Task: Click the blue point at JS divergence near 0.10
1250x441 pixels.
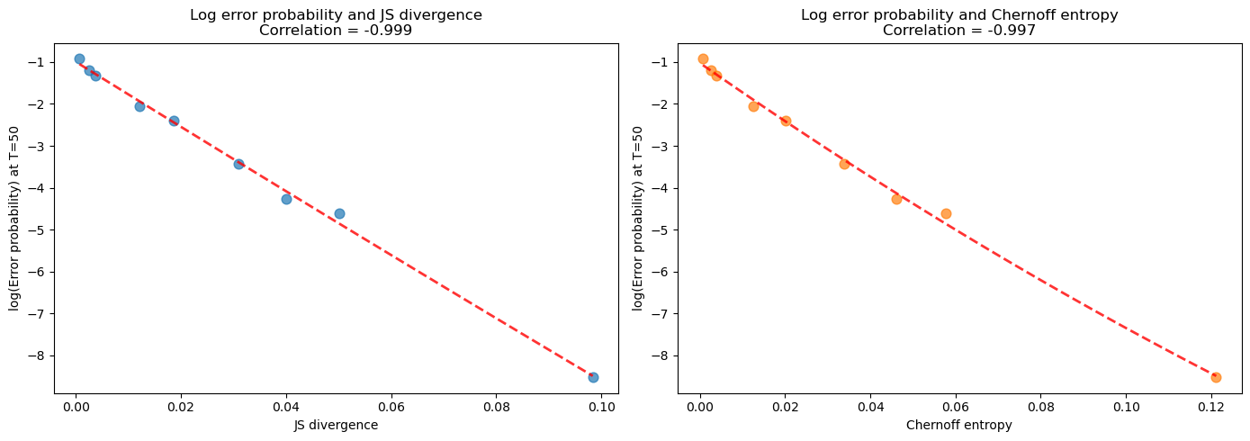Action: click(593, 377)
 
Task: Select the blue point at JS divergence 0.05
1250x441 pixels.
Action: click(339, 213)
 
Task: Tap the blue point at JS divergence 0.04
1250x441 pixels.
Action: click(286, 199)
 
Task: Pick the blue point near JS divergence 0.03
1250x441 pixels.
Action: click(238, 164)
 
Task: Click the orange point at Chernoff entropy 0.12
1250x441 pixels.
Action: click(1216, 377)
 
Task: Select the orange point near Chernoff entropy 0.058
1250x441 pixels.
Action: click(946, 213)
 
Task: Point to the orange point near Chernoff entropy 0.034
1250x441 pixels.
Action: click(844, 164)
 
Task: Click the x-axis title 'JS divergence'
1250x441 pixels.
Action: click(336, 426)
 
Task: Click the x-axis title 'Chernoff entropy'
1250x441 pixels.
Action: click(958, 426)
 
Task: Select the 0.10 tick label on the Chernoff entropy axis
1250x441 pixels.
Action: click(1126, 407)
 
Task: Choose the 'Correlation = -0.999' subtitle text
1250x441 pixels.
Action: click(336, 31)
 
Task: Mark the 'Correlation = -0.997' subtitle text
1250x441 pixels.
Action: click(958, 31)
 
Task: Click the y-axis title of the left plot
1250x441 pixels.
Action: click(15, 219)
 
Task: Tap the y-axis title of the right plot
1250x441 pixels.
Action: click(638, 219)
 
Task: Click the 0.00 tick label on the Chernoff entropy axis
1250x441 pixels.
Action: click(699, 407)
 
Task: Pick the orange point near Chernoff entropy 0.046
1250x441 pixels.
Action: click(896, 199)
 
